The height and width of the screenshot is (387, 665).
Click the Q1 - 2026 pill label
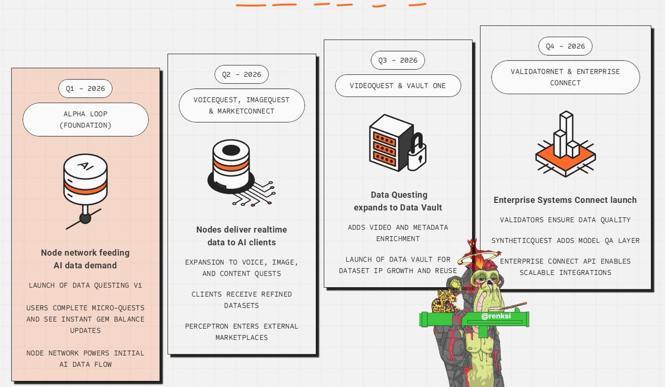coord(85,89)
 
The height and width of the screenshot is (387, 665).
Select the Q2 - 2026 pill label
coord(242,74)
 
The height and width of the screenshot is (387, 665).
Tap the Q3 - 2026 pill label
coord(398,60)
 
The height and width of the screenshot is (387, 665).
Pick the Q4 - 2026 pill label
coord(565,46)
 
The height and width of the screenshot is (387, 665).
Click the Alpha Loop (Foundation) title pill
coord(85,120)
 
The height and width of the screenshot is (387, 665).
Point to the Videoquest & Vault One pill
coord(398,85)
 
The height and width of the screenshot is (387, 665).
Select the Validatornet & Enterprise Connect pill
coord(565,77)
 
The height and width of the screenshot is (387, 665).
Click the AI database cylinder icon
coord(85,179)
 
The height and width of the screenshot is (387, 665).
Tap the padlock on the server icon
coord(417,154)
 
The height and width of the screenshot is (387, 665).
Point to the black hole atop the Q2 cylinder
coord(231,150)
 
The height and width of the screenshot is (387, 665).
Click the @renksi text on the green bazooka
coord(496,316)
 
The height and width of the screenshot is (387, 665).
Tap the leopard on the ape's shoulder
coord(444,301)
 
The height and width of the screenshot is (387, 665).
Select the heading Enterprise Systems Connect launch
coord(565,200)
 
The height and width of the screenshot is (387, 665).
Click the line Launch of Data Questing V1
coord(85,286)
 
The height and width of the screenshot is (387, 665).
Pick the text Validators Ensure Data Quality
coord(565,220)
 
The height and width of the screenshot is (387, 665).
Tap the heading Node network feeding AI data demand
coord(85,259)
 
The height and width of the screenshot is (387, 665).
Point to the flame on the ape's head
coord(479,261)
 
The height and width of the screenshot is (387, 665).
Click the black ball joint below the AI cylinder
coord(85,218)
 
